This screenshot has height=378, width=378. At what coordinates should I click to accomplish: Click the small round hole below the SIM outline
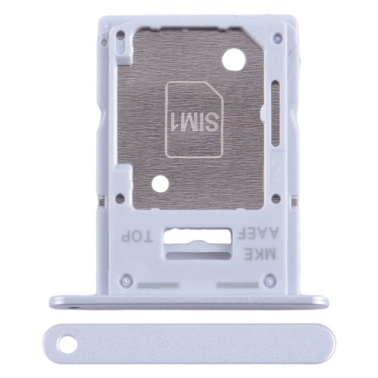161,183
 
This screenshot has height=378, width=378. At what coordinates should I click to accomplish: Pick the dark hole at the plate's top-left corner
120,36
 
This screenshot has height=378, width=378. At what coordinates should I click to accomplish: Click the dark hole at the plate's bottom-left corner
119,199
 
